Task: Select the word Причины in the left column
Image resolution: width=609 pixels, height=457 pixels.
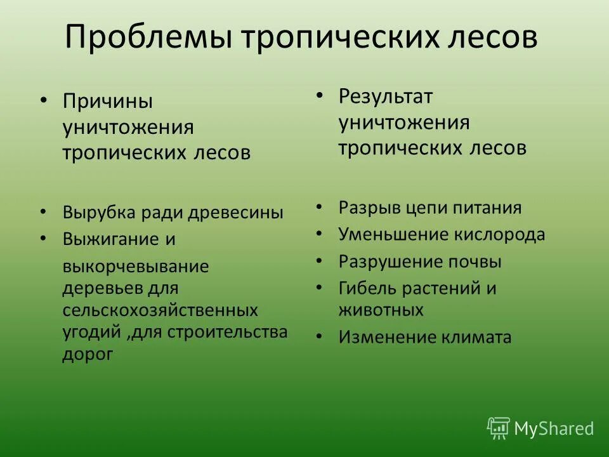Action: tap(107, 101)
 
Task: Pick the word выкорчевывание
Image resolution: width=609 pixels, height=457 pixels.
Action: tap(135, 267)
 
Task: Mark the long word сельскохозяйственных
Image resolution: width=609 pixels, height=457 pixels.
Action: tap(160, 310)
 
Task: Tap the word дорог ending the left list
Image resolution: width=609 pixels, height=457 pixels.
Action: tap(88, 354)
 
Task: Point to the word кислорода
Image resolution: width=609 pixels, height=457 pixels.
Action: tap(499, 234)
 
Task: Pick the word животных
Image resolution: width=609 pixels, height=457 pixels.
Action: tap(381, 310)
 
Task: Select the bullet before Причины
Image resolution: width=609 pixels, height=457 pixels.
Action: tap(43, 100)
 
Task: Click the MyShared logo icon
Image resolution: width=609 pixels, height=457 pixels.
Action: tap(499, 428)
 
